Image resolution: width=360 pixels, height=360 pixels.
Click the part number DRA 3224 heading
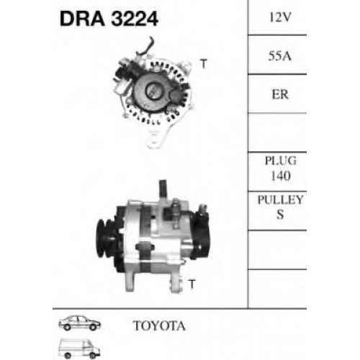[x=109, y=19]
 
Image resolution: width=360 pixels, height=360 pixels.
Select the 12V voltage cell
[x=280, y=17]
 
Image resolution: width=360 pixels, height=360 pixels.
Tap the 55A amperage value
[x=280, y=56]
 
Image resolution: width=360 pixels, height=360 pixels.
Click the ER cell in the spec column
[x=280, y=94]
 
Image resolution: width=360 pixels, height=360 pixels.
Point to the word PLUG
[x=281, y=161]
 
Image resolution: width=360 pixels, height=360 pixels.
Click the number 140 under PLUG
[x=281, y=176]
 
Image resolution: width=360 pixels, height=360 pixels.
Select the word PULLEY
[x=280, y=199]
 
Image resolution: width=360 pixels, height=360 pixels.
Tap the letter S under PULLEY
[x=280, y=215]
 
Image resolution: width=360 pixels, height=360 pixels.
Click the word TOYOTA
[x=159, y=325]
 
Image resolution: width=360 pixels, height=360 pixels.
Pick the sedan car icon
[x=80, y=323]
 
